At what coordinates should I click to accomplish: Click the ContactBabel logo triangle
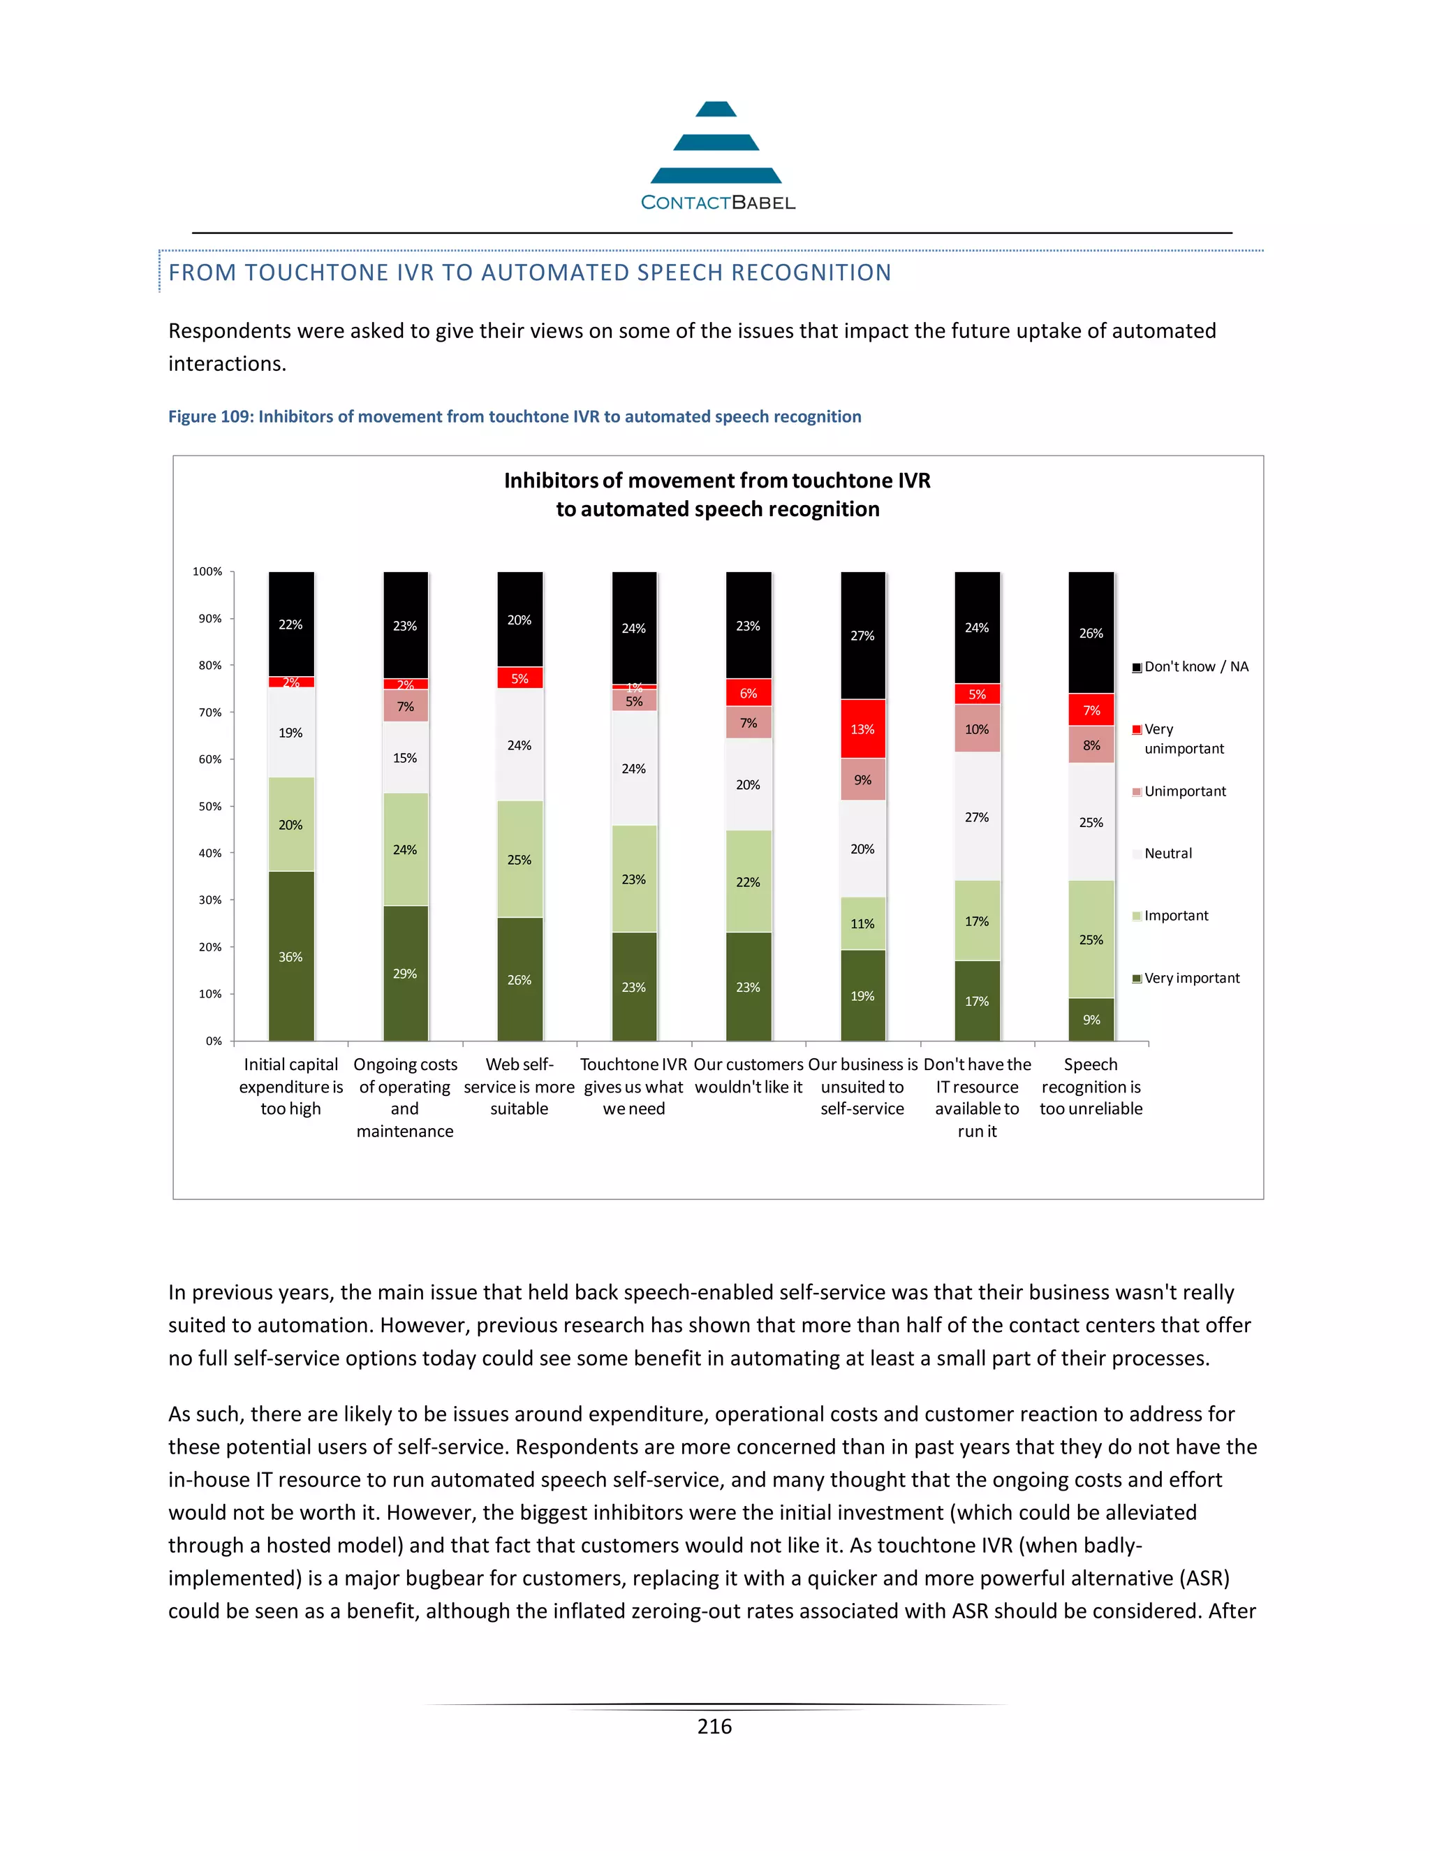pos(716,143)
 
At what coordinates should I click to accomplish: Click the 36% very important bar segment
pos(290,956)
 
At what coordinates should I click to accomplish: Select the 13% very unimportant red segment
pos(862,729)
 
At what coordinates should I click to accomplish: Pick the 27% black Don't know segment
pos(862,636)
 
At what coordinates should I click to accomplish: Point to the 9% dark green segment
pos(1091,1020)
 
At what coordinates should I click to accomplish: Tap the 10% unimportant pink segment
pos(977,729)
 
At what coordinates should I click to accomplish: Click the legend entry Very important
pos(1191,978)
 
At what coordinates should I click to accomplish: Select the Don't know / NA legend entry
pos(1195,667)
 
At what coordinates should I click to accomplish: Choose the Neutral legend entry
pos(1167,854)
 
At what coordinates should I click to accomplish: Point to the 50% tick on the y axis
pos(210,806)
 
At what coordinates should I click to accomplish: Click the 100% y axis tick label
pos(207,572)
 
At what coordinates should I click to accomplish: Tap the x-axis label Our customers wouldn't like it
pos(748,1076)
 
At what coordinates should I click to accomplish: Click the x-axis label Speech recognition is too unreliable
pos(1091,1087)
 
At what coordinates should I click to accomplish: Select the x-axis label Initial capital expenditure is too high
pos(290,1087)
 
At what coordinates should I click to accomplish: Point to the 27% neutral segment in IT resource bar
pos(977,817)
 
